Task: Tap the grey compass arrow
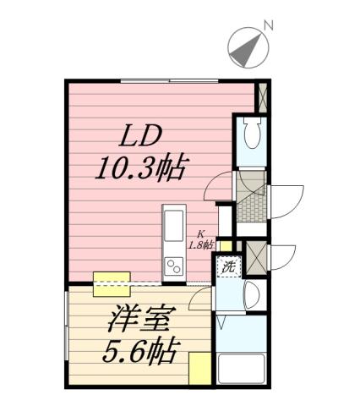click(246, 49)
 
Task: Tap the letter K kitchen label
click(202, 235)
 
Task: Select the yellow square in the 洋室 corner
click(199, 370)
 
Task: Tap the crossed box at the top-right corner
click(262, 97)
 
